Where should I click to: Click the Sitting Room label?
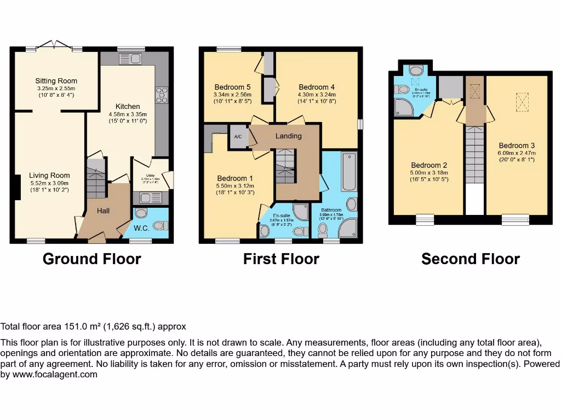(56, 81)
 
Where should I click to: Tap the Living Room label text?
(49, 176)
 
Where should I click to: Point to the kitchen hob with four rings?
(162, 95)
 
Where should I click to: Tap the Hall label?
(103, 210)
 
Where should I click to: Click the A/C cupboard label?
(238, 137)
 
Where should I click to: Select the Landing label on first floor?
(288, 136)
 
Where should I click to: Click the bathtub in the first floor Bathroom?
(348, 172)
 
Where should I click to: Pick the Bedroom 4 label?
(317, 86)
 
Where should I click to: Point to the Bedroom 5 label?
(232, 86)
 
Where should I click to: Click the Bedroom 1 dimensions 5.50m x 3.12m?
(235, 186)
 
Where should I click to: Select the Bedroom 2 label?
(430, 165)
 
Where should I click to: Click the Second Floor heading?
(470, 259)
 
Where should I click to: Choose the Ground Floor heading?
(91, 259)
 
